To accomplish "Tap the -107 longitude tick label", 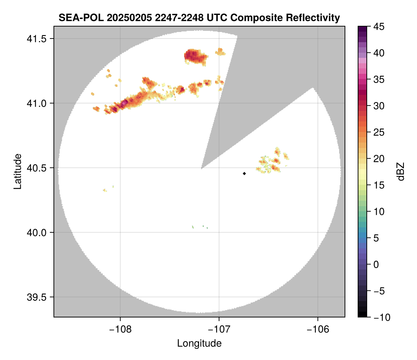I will [x=219, y=329].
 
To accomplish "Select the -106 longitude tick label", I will [x=318, y=329].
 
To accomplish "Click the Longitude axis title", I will [x=199, y=343].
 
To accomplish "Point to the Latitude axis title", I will [x=17, y=171].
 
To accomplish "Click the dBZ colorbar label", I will [x=401, y=171].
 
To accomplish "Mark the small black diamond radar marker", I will [x=244, y=173].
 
